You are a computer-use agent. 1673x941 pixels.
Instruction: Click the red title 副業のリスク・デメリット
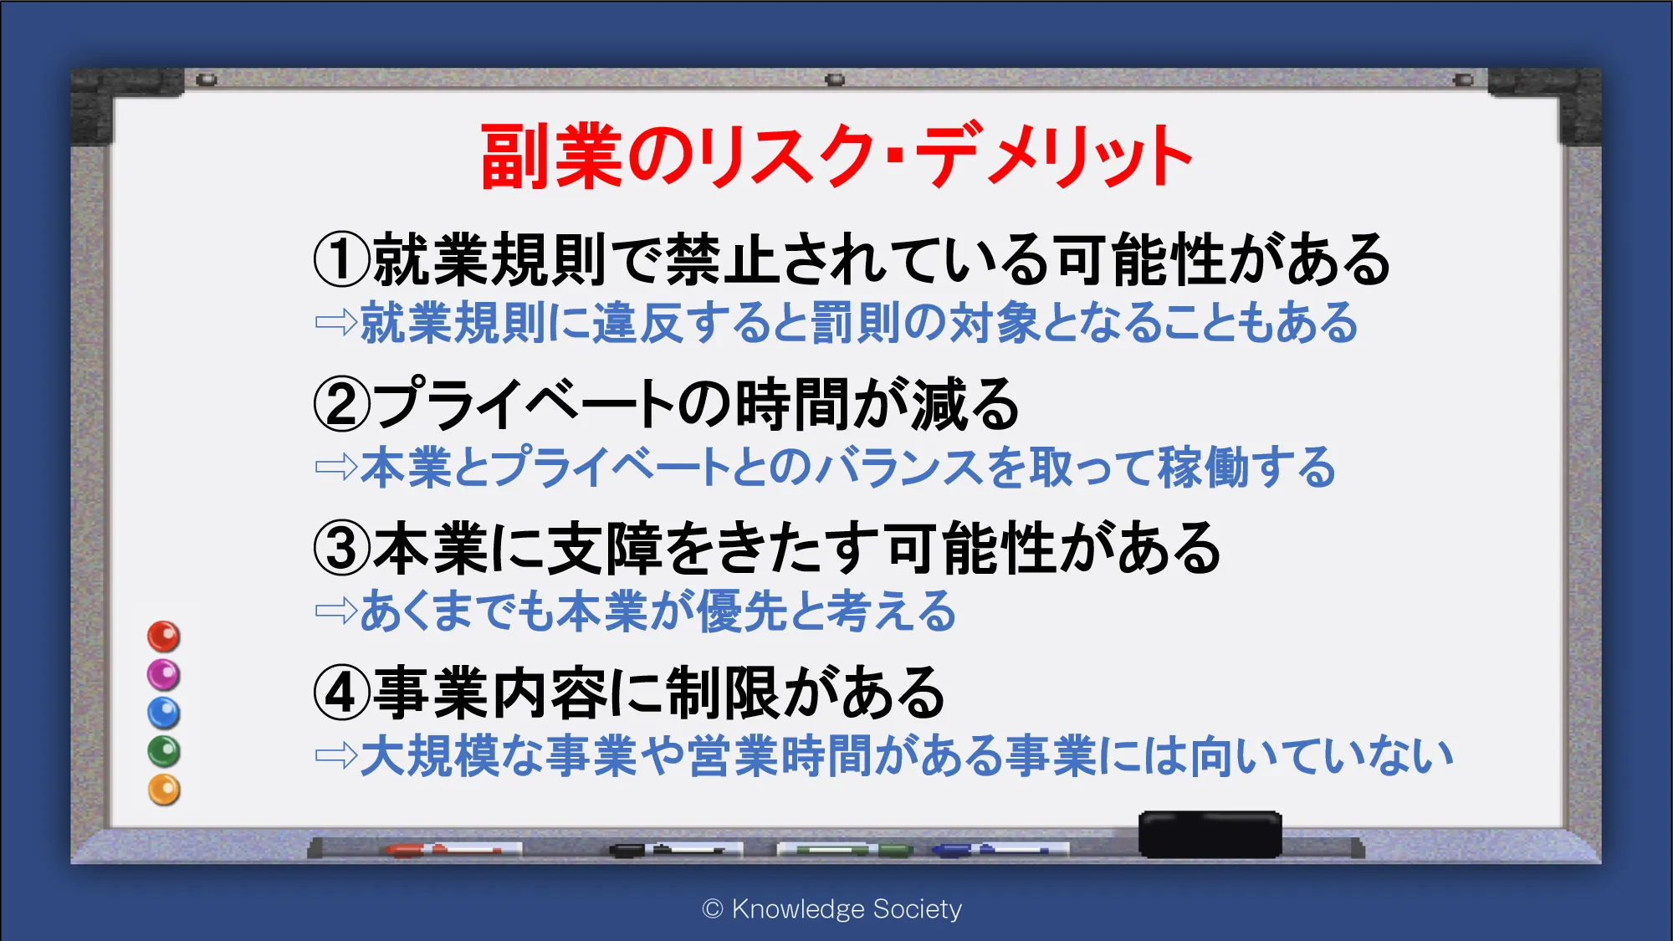click(836, 156)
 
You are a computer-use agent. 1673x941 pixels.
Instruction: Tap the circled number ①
click(341, 259)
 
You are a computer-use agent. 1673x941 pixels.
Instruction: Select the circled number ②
click(341, 404)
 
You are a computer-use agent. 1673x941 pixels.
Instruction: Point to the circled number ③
click(341, 549)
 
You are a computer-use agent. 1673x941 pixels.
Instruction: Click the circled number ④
click(341, 693)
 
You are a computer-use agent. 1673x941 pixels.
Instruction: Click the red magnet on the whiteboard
click(164, 637)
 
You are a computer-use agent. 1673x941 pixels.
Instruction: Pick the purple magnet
click(164, 674)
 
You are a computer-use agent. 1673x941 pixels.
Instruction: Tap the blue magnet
click(164, 713)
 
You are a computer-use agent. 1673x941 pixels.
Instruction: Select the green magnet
click(164, 751)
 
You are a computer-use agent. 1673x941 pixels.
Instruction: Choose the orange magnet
click(164, 790)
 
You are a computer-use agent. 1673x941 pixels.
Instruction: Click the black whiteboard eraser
click(1210, 834)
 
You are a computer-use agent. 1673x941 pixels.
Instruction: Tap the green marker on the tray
click(845, 851)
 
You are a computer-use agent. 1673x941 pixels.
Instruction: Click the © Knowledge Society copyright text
click(832, 909)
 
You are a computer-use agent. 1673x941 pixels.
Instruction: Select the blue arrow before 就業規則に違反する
click(336, 323)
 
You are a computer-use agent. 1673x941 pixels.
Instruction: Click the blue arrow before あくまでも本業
click(336, 611)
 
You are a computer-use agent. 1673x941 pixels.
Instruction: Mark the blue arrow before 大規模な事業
click(336, 756)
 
